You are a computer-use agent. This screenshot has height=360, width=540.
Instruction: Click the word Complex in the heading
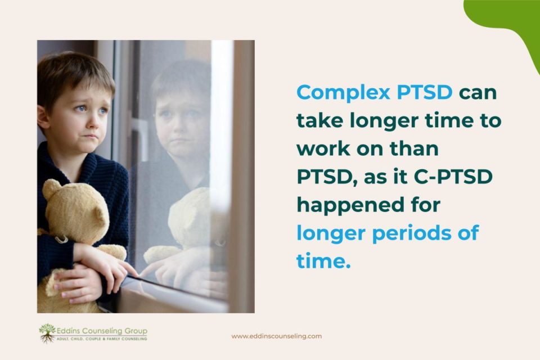[x=343, y=93]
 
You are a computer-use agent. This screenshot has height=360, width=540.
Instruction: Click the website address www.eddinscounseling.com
[x=277, y=336]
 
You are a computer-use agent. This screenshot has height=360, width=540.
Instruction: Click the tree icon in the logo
[x=47, y=333]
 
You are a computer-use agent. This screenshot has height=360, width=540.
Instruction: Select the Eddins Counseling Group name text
[x=102, y=331]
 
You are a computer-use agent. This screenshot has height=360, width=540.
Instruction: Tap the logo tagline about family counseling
[x=102, y=339]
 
